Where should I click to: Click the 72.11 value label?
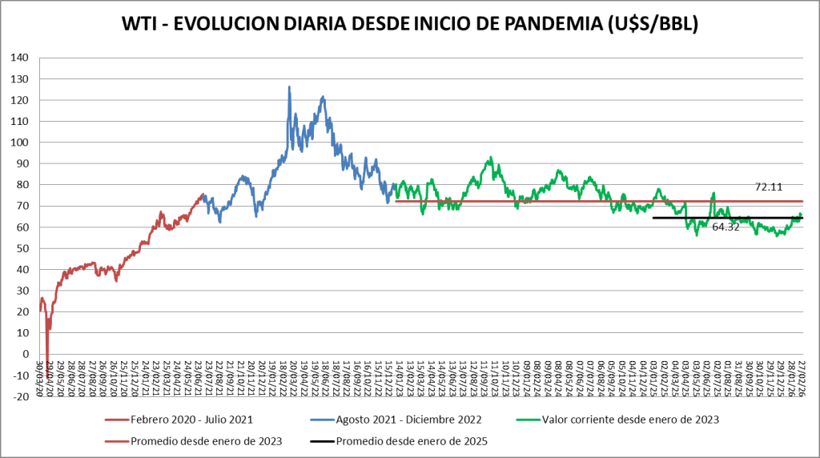coord(769,187)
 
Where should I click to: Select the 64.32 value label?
coord(726,227)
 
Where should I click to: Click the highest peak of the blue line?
coord(289,86)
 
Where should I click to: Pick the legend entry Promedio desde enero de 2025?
coord(412,440)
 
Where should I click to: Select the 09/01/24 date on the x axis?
coord(526,376)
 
